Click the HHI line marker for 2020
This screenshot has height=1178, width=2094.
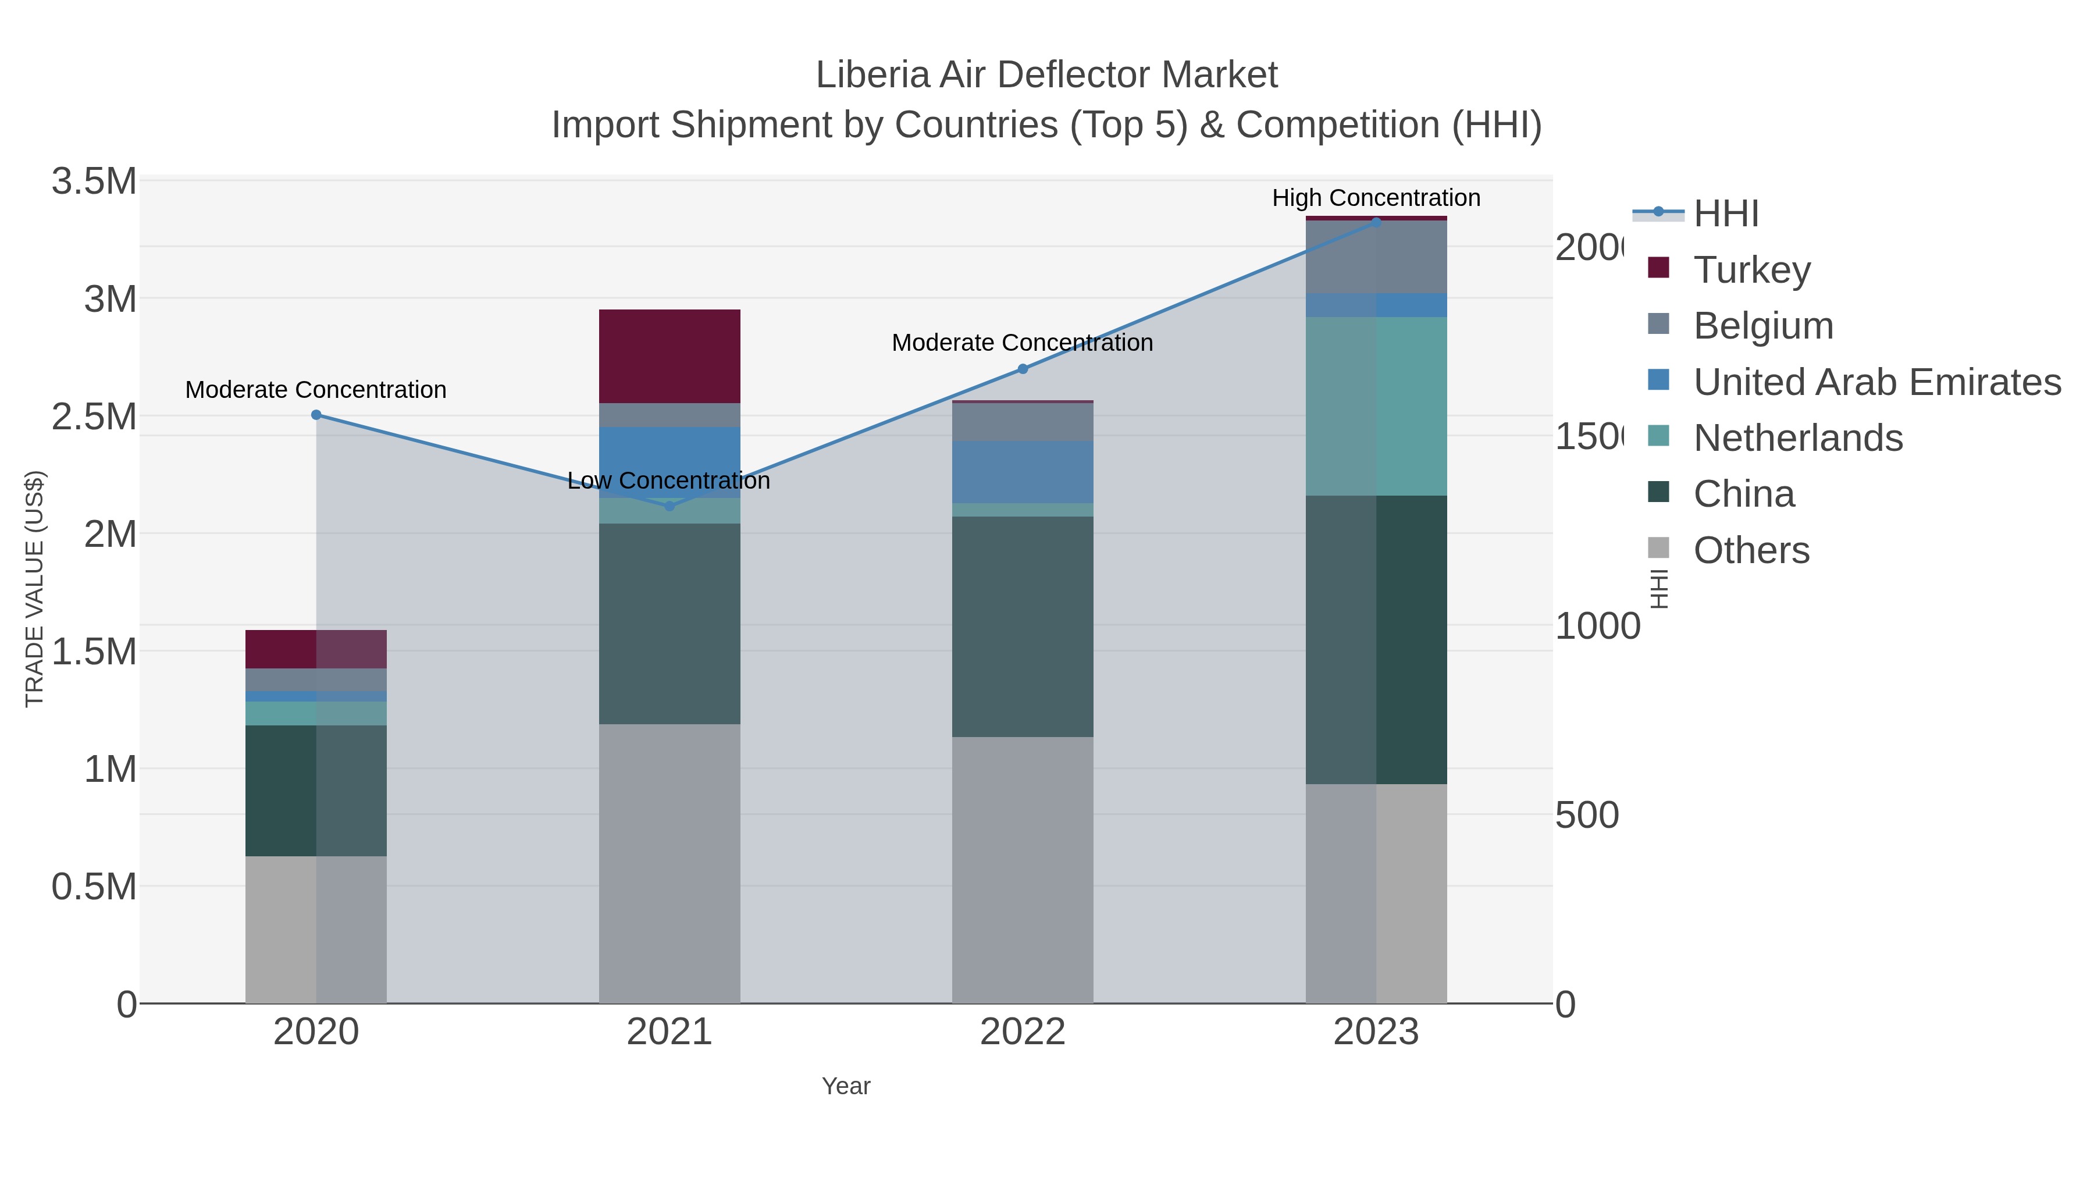pyautogui.click(x=316, y=415)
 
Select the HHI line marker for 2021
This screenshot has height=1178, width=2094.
pyautogui.click(x=670, y=507)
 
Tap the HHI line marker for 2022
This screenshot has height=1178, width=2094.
pyautogui.click(x=1023, y=369)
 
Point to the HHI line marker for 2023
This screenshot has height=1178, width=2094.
pyautogui.click(x=1376, y=222)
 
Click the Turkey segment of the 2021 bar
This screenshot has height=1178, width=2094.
pyautogui.click(x=670, y=356)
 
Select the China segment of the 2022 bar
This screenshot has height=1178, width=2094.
pyautogui.click(x=1023, y=626)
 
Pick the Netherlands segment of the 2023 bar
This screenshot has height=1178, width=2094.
pyautogui.click(x=1376, y=407)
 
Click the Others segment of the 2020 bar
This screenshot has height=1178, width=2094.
pyautogui.click(x=316, y=929)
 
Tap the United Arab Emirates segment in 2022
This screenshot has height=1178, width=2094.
pyautogui.click(x=1023, y=472)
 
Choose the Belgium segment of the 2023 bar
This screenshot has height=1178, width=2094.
pyautogui.click(x=1376, y=257)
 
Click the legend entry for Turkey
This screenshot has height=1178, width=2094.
pyautogui.click(x=1752, y=270)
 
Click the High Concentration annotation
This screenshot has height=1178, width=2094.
pyautogui.click(x=1376, y=198)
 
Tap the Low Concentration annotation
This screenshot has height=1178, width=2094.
pyautogui.click(x=668, y=481)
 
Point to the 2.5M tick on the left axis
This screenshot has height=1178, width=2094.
pyautogui.click(x=94, y=417)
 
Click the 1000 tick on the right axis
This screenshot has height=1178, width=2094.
pyautogui.click(x=1597, y=627)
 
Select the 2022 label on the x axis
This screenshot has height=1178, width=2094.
pyautogui.click(x=1023, y=1033)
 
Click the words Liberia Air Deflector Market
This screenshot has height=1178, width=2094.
pyautogui.click(x=1046, y=75)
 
